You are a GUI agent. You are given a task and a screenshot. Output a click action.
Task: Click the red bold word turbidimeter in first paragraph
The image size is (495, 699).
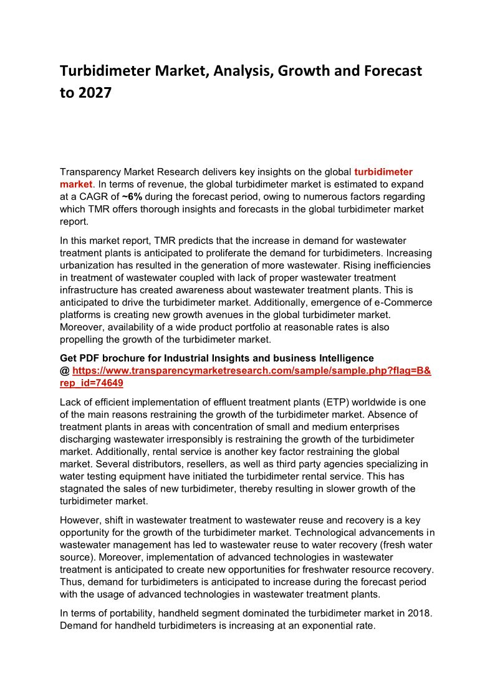click(x=383, y=172)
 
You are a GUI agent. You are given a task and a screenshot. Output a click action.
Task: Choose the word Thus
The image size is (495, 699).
click(x=71, y=582)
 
